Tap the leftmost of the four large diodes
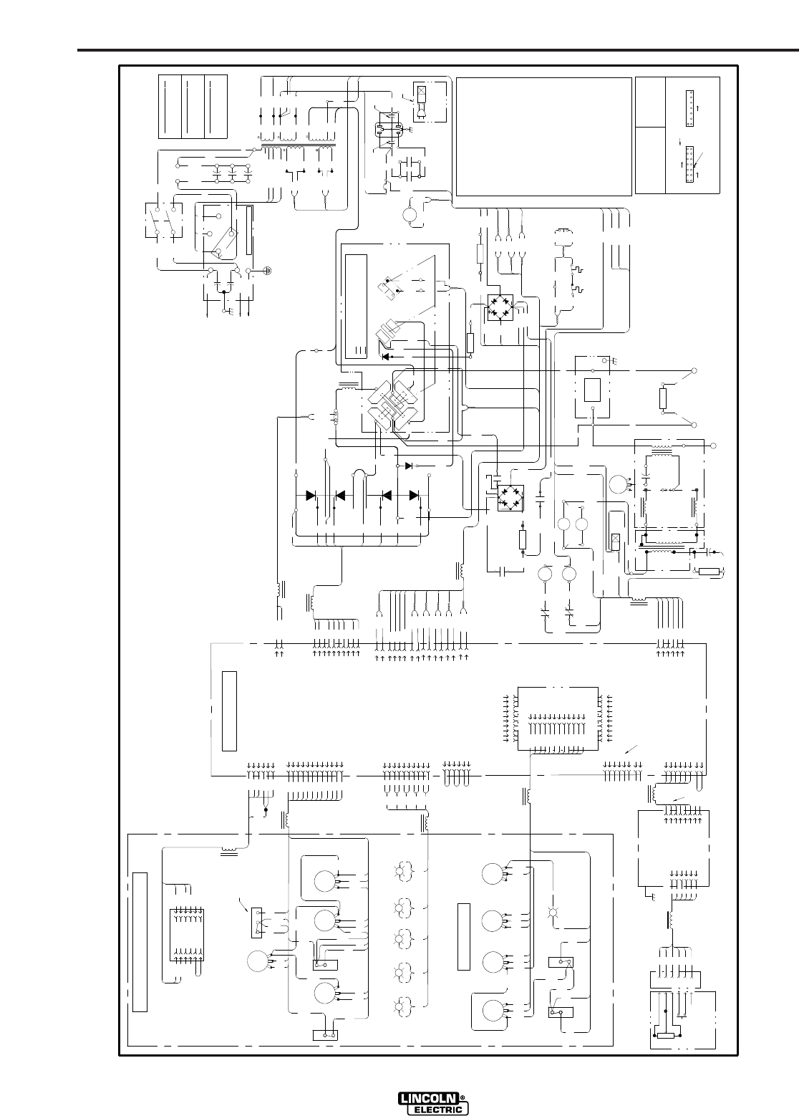pyautogui.click(x=311, y=495)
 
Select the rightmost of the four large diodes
pyautogui.click(x=413, y=495)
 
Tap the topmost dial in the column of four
pyautogui.click(x=492, y=873)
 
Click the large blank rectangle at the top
pyautogui.click(x=543, y=136)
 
